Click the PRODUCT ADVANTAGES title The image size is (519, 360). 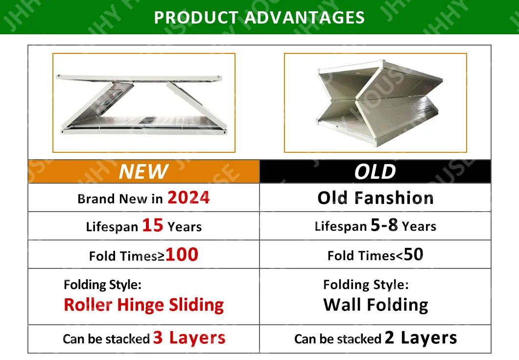(259, 18)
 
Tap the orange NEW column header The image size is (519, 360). (143, 172)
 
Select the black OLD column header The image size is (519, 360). (375, 172)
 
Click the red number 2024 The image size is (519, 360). (189, 197)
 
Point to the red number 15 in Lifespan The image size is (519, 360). (152, 225)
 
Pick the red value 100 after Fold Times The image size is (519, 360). (182, 254)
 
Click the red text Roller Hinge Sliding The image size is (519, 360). (143, 305)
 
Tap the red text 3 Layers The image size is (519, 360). (189, 337)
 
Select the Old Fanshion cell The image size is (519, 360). (375, 198)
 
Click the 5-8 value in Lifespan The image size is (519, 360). (384, 225)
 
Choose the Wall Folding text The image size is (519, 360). (376, 305)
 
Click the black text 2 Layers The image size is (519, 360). (421, 337)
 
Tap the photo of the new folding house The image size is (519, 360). (144, 103)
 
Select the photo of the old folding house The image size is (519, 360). (376, 103)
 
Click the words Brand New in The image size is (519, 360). (120, 199)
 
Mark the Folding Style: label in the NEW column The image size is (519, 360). (102, 284)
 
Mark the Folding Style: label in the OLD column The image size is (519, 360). (365, 284)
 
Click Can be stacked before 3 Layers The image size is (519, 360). (106, 339)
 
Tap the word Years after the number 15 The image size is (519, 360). (185, 227)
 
